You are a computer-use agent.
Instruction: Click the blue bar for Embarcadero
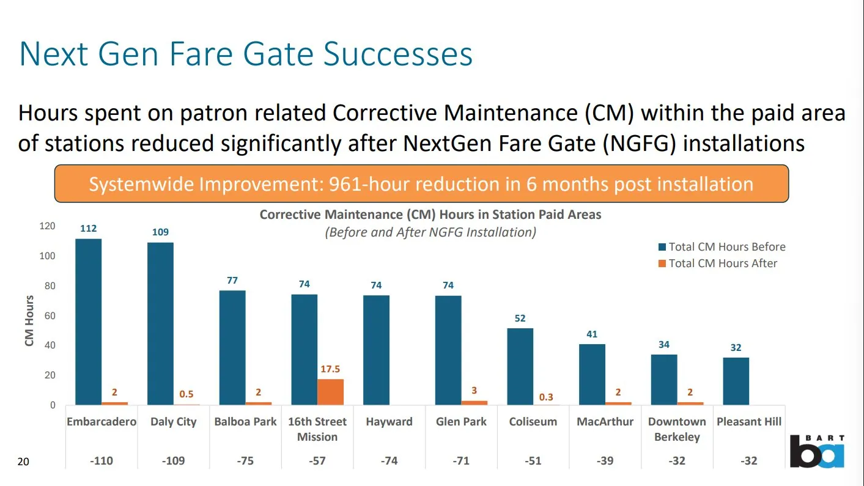tap(88, 322)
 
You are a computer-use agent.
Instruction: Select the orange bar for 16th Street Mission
tap(330, 392)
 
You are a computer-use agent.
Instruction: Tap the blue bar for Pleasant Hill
tap(736, 381)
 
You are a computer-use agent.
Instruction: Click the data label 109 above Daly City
tap(160, 232)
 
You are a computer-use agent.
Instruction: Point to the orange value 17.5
tap(330, 369)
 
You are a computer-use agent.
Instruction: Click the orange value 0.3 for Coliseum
tap(546, 397)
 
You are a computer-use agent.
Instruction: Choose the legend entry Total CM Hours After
tap(722, 263)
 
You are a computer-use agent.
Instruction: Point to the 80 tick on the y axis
tap(48, 286)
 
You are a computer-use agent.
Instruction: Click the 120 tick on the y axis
tap(46, 226)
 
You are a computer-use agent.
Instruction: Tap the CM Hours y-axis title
tap(29, 321)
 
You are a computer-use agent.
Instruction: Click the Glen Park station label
tap(461, 422)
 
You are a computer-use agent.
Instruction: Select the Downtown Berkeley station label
tap(677, 429)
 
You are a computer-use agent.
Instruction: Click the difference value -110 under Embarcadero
tap(102, 461)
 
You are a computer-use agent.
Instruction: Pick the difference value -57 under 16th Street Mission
tap(317, 461)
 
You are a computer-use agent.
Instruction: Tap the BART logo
tap(817, 452)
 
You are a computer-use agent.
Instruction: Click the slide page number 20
tap(23, 462)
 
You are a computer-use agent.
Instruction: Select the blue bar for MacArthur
tap(592, 374)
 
